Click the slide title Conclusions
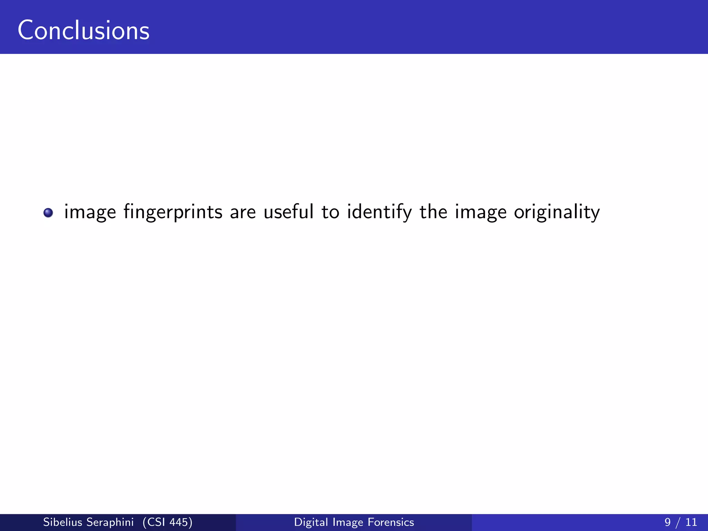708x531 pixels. click(x=83, y=30)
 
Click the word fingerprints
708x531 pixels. click(x=173, y=212)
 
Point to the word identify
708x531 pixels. click(x=379, y=212)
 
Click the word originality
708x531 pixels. click(x=557, y=212)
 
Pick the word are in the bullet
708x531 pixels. click(x=243, y=212)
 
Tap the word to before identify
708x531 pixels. click(x=330, y=212)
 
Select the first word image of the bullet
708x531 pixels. click(x=90, y=212)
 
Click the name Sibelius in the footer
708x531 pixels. click(x=63, y=522)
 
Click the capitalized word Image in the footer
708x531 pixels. click(x=348, y=522)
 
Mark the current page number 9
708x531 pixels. click(x=667, y=522)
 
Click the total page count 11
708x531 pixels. click(x=691, y=522)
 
